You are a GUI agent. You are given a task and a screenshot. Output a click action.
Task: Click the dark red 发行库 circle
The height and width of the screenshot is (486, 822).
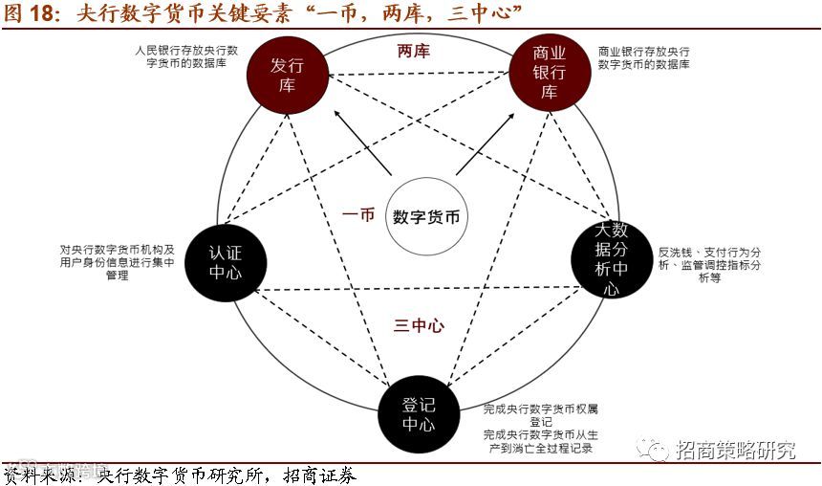coord(283,75)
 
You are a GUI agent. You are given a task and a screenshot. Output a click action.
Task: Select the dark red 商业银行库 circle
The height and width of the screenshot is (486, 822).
coord(549,75)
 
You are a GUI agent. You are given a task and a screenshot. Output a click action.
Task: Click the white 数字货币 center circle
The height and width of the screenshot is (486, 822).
coord(426,216)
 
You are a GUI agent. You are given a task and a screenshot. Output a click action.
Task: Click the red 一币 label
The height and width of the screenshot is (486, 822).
coord(358,215)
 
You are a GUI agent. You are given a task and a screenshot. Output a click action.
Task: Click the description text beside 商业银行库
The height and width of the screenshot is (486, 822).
coord(644,56)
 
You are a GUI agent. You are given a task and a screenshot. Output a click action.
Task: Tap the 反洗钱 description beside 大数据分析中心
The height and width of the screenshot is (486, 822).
coord(703,265)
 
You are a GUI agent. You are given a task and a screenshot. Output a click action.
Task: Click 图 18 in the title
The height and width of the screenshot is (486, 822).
coord(32,12)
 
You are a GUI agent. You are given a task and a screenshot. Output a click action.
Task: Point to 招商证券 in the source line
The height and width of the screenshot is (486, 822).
coord(320,475)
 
